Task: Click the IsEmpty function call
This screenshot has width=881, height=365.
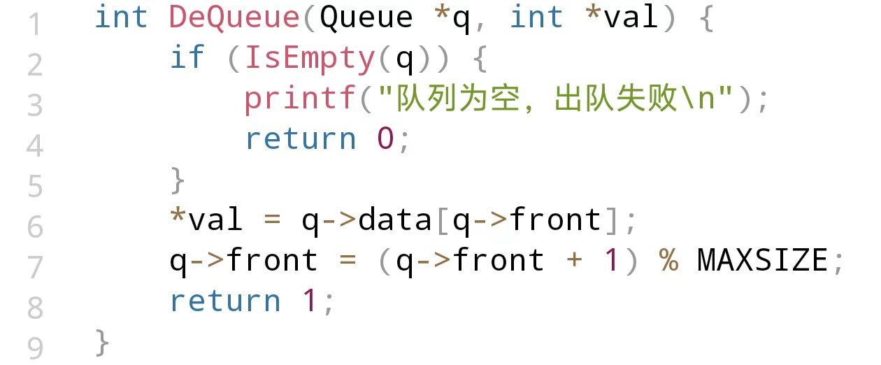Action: tap(310, 59)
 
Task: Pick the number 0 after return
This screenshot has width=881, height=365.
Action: tap(385, 139)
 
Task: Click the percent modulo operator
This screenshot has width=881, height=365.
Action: tap(668, 261)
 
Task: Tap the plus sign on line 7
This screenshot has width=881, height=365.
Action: tap(574, 261)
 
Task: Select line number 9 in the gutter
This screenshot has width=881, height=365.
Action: tap(35, 348)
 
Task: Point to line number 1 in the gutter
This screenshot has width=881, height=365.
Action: tap(35, 24)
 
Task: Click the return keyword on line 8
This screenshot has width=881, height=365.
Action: tap(225, 301)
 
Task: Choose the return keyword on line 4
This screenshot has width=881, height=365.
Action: tap(301, 139)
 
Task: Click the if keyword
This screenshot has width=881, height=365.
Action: tap(187, 59)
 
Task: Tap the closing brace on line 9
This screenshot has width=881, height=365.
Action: tap(102, 342)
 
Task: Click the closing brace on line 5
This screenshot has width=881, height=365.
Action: tap(178, 180)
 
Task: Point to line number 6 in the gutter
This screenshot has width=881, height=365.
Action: tap(35, 227)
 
